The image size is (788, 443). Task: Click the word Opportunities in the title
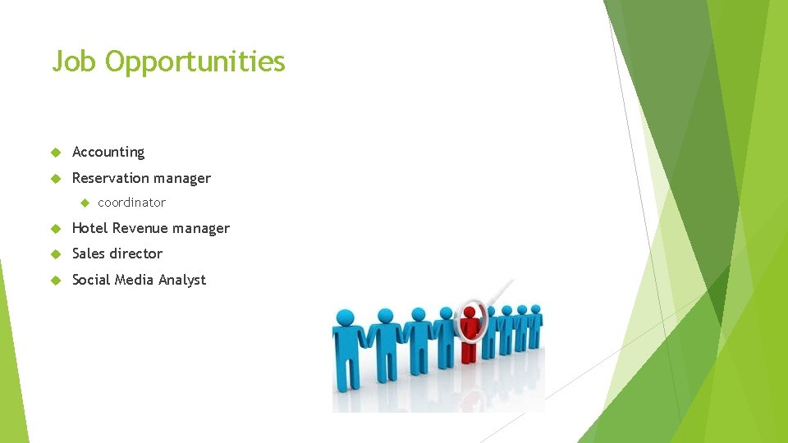click(195, 62)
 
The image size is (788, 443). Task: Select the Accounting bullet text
click(108, 152)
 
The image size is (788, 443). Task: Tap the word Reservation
click(107, 178)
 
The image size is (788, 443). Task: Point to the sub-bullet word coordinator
click(131, 203)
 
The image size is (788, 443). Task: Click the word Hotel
click(90, 228)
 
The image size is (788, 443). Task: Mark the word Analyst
click(182, 280)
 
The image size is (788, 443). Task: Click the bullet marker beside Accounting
click(56, 153)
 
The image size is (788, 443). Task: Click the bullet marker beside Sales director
click(56, 254)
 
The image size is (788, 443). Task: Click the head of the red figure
click(470, 313)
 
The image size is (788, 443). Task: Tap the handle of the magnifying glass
click(502, 292)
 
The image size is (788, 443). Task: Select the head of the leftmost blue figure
click(345, 317)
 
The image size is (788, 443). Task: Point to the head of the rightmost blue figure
click(536, 310)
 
